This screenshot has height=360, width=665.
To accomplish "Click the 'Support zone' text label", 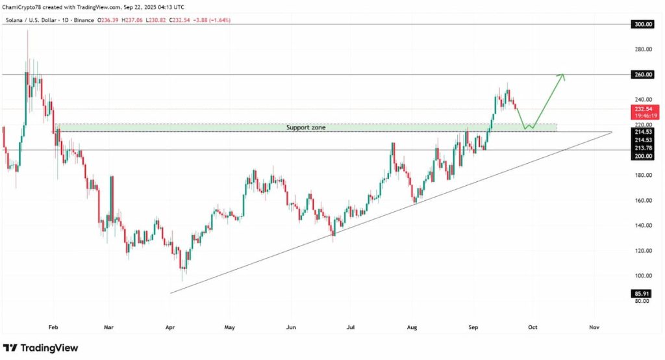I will tap(306, 128).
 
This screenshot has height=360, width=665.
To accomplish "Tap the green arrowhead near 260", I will tap(562, 76).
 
